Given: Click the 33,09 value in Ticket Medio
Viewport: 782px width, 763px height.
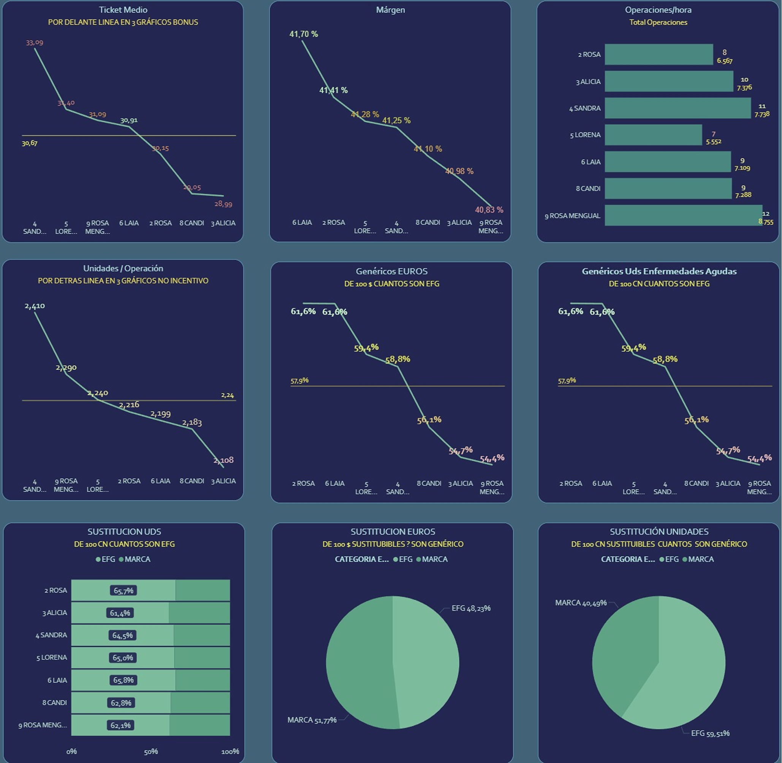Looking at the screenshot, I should [x=35, y=42].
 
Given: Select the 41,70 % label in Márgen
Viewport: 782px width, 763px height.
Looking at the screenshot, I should [x=304, y=34].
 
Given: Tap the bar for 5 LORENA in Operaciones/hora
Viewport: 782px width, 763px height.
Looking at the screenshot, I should [x=653, y=135].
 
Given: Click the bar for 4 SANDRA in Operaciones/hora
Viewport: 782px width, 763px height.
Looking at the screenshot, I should [x=678, y=108].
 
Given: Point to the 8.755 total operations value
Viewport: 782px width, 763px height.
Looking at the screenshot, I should [x=766, y=222].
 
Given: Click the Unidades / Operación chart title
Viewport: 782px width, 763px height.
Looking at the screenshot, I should [x=123, y=269].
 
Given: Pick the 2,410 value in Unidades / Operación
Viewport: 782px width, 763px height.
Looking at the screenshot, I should [x=35, y=306].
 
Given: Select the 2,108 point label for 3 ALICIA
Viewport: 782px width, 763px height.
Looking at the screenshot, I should [x=223, y=460].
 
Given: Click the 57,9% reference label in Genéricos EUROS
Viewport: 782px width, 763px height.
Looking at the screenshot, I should [x=299, y=380].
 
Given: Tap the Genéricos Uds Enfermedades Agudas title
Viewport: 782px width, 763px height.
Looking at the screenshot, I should [x=659, y=271].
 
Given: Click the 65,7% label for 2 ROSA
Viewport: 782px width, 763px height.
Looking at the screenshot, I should [x=123, y=590].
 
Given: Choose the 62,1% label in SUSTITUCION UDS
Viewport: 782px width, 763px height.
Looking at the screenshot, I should [x=121, y=725].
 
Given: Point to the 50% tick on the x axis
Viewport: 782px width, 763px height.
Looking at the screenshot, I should [x=151, y=751].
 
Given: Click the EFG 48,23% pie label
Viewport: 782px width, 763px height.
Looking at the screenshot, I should [x=471, y=608].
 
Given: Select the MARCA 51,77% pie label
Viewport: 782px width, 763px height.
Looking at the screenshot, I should [x=312, y=720].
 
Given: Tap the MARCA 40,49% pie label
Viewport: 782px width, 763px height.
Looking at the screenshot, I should [x=581, y=603].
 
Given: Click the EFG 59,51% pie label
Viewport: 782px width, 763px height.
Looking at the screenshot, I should [x=710, y=733].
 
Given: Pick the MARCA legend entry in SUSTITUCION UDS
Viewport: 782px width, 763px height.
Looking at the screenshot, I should [x=137, y=559].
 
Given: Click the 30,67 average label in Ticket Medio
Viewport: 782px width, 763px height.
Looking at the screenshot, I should [x=30, y=143].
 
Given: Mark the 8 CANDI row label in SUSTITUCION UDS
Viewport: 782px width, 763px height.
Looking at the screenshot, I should [x=55, y=703].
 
